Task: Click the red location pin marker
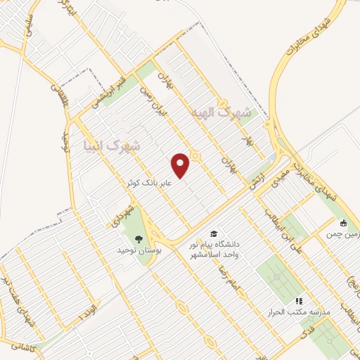(x=181, y=165)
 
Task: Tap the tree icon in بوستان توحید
(x=139, y=238)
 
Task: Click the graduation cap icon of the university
(x=212, y=233)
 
